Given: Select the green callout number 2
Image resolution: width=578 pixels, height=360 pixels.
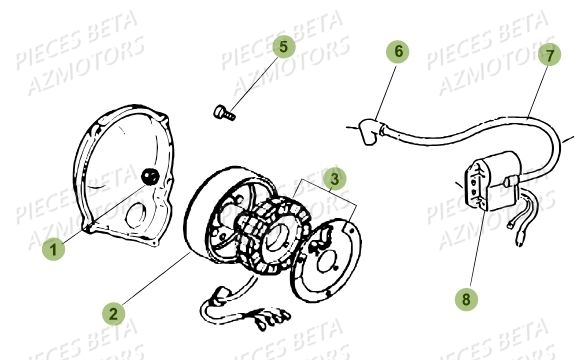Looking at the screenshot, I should coord(114,313).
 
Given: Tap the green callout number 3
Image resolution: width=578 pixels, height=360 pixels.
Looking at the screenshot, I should coord(336,179).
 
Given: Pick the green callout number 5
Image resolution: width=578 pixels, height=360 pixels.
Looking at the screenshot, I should coord(283,46).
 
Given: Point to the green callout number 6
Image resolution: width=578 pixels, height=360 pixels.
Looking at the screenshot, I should coord(399,49).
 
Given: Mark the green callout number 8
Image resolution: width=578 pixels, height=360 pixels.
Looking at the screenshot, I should coord(463,297).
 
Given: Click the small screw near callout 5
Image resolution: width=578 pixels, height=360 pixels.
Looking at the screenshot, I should coord(224,113).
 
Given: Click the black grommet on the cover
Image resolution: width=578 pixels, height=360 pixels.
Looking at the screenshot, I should coord(150,177).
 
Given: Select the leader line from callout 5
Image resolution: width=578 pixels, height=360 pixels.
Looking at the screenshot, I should coord(255,78).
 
